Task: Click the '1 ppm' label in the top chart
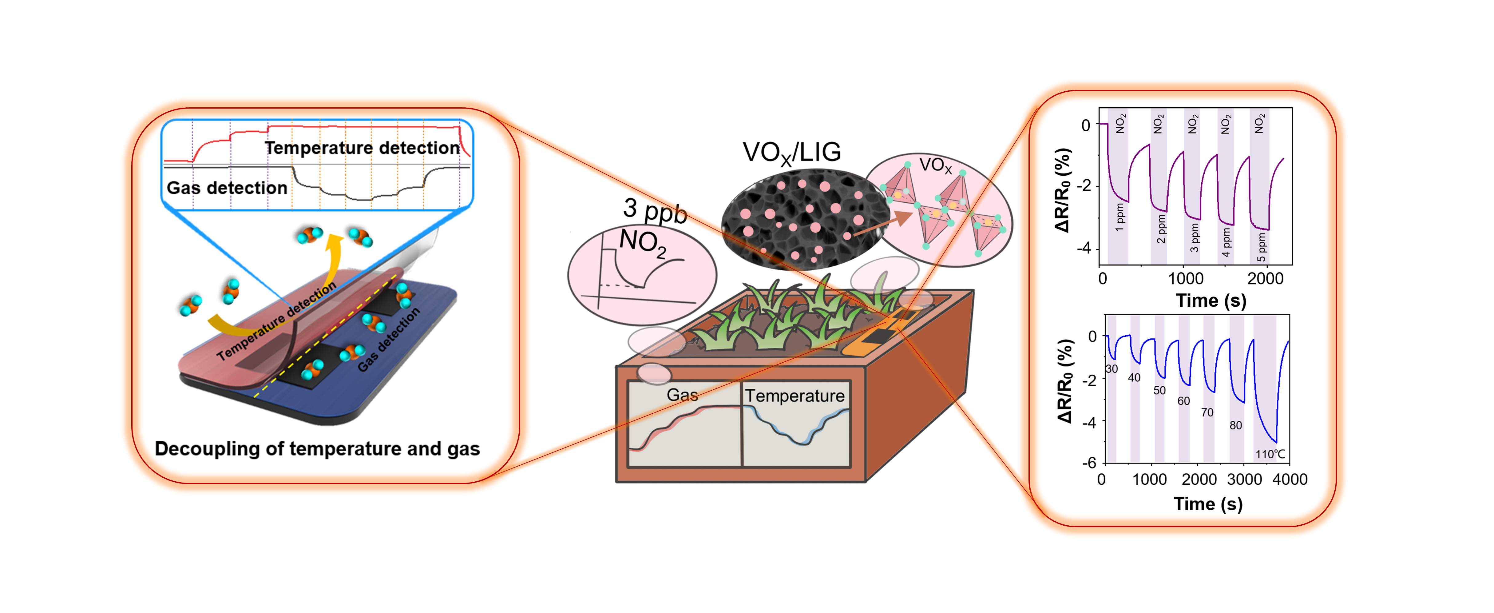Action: (1119, 217)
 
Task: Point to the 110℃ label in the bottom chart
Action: (1270, 454)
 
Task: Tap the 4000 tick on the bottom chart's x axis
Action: (1289, 480)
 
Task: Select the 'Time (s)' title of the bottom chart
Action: (1208, 504)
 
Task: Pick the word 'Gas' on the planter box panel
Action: (682, 395)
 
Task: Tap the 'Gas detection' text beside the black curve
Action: (227, 188)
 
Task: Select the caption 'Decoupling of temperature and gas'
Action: (317, 449)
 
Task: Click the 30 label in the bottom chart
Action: (1111, 369)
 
